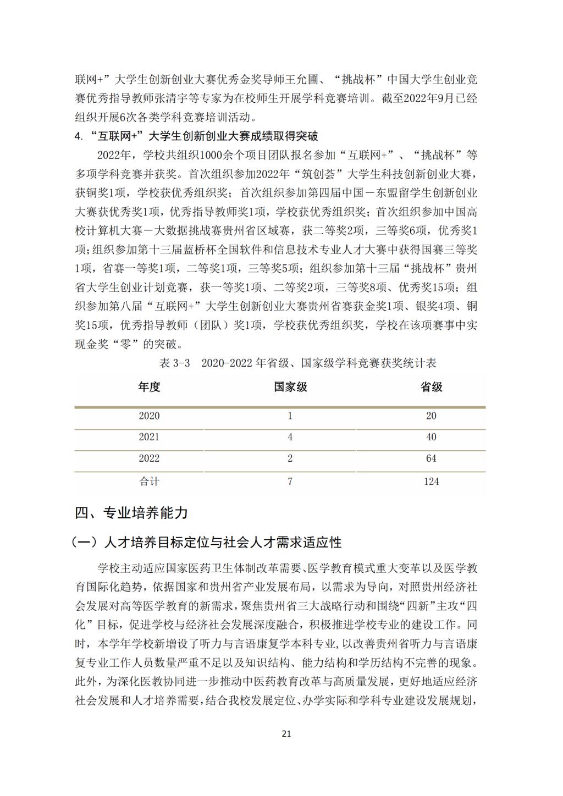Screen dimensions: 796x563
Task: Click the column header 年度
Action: pos(149,387)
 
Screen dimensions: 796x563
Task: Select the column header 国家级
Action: pos(290,387)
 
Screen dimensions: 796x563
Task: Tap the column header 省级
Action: pos(431,387)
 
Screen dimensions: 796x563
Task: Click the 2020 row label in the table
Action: pos(149,416)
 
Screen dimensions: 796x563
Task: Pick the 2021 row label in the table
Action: pos(149,438)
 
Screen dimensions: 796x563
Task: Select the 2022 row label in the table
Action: pos(149,459)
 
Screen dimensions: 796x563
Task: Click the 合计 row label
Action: pos(149,482)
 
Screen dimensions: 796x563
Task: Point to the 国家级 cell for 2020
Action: pos(290,416)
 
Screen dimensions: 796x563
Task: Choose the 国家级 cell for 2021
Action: pos(290,438)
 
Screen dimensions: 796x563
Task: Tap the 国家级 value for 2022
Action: pos(290,459)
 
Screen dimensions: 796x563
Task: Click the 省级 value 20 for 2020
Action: pos(431,416)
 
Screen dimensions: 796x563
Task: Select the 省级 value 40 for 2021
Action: pos(431,438)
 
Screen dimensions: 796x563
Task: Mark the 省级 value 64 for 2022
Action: pos(431,459)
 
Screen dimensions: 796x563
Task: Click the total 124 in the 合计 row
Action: pos(431,482)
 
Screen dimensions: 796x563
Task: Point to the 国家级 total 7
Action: pos(290,482)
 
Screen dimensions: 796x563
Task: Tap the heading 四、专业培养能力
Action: pos(131,513)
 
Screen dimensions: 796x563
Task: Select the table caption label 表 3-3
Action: pos(174,363)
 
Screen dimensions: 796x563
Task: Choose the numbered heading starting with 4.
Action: pos(196,136)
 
